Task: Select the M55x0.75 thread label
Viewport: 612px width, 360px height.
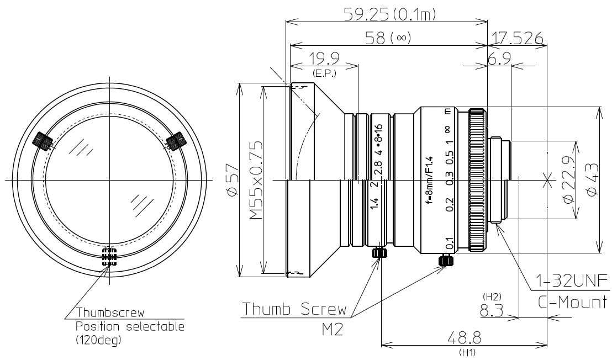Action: (255, 180)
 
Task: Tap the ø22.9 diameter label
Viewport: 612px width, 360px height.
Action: (569, 180)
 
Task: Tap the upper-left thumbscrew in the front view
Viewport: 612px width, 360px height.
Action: (43, 141)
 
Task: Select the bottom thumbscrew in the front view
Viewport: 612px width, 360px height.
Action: (109, 256)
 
